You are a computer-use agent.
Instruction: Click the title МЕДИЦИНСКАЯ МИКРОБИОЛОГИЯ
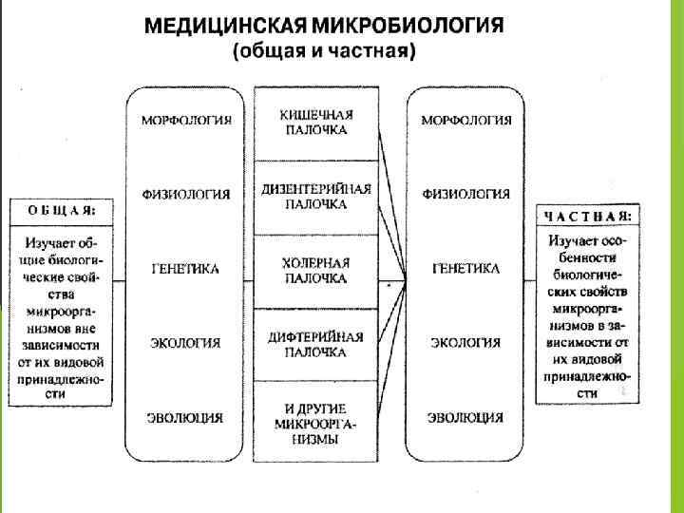click(324, 26)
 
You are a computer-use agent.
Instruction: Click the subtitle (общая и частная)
click(324, 52)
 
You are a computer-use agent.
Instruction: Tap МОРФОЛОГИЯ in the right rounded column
click(465, 121)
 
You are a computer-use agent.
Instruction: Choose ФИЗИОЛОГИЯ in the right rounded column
click(465, 195)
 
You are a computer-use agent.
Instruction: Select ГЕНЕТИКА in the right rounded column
click(465, 269)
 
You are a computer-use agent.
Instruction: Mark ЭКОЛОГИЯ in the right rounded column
click(465, 343)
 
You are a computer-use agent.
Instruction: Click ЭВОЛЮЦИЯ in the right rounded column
click(465, 417)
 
